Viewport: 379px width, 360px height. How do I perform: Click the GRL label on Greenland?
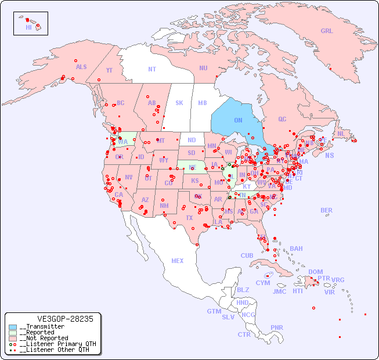[x=327, y=31]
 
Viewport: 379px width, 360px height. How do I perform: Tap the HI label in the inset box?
[x=28, y=27]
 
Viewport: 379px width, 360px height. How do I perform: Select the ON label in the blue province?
[x=238, y=120]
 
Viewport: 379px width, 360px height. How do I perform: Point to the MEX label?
[x=178, y=261]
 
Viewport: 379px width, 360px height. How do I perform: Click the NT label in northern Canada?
[x=152, y=69]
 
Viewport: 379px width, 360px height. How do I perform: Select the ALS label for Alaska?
[x=81, y=67]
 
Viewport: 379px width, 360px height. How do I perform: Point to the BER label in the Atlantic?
[x=327, y=210]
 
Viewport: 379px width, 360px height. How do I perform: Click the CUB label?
[x=247, y=255]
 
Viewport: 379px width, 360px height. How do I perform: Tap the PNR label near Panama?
[x=277, y=327]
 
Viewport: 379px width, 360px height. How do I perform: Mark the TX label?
[x=189, y=218]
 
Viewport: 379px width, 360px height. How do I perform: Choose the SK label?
[x=179, y=103]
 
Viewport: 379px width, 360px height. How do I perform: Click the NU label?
[x=203, y=68]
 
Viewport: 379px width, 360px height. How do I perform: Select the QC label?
[x=282, y=119]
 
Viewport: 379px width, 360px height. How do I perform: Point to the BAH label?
[x=296, y=249]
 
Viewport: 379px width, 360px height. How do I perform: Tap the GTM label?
[x=214, y=311]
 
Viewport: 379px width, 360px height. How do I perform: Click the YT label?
[x=109, y=70]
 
